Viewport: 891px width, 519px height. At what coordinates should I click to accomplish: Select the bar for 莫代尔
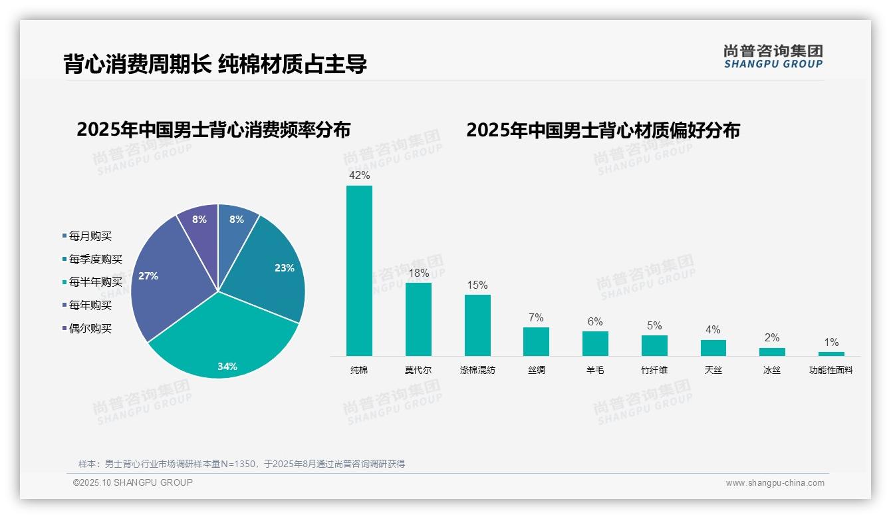click(x=418, y=319)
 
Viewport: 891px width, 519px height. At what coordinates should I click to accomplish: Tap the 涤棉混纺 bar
click(x=477, y=325)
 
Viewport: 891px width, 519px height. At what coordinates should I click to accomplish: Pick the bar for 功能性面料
click(x=831, y=354)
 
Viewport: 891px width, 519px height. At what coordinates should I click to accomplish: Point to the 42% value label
click(x=359, y=176)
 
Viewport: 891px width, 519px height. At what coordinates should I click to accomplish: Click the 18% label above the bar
click(x=418, y=273)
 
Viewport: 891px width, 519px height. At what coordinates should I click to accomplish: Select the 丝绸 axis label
click(x=536, y=370)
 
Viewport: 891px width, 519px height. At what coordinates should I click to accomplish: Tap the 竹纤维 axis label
click(x=654, y=370)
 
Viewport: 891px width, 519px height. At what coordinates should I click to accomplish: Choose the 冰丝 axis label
click(x=772, y=370)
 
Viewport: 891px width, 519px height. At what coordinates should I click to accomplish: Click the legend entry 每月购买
click(x=90, y=236)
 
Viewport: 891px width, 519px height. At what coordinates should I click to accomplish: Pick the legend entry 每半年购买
click(x=95, y=282)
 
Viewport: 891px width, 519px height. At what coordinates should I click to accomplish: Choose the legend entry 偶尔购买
click(x=90, y=328)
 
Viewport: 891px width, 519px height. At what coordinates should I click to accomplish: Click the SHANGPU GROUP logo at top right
click(x=773, y=57)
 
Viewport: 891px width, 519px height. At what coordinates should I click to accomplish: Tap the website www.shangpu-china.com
click(x=775, y=483)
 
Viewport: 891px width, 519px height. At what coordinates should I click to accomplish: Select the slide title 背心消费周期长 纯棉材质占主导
click(x=215, y=64)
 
